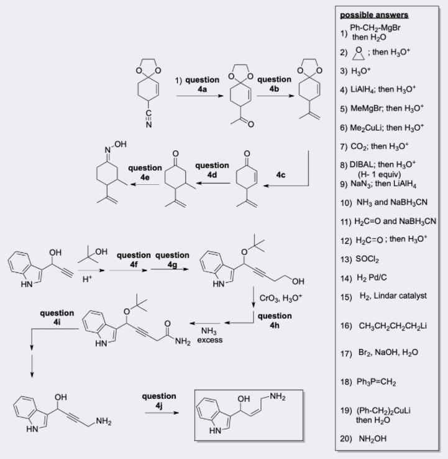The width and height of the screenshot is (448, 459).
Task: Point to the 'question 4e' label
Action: coord(145,172)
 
